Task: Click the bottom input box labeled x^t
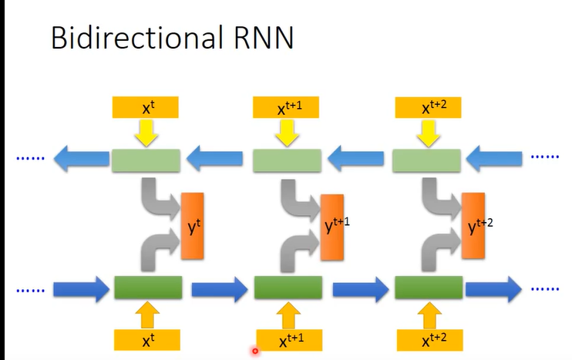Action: tap(146, 339)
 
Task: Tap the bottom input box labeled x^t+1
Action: tap(289, 340)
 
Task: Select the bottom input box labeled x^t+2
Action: tap(429, 340)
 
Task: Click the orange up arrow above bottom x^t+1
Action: tap(289, 315)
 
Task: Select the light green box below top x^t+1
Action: tap(288, 160)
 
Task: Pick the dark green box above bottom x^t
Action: tap(147, 288)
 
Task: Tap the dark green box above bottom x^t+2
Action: tap(429, 288)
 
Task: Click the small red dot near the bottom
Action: tap(254, 352)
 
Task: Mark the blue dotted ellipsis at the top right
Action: tap(545, 156)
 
